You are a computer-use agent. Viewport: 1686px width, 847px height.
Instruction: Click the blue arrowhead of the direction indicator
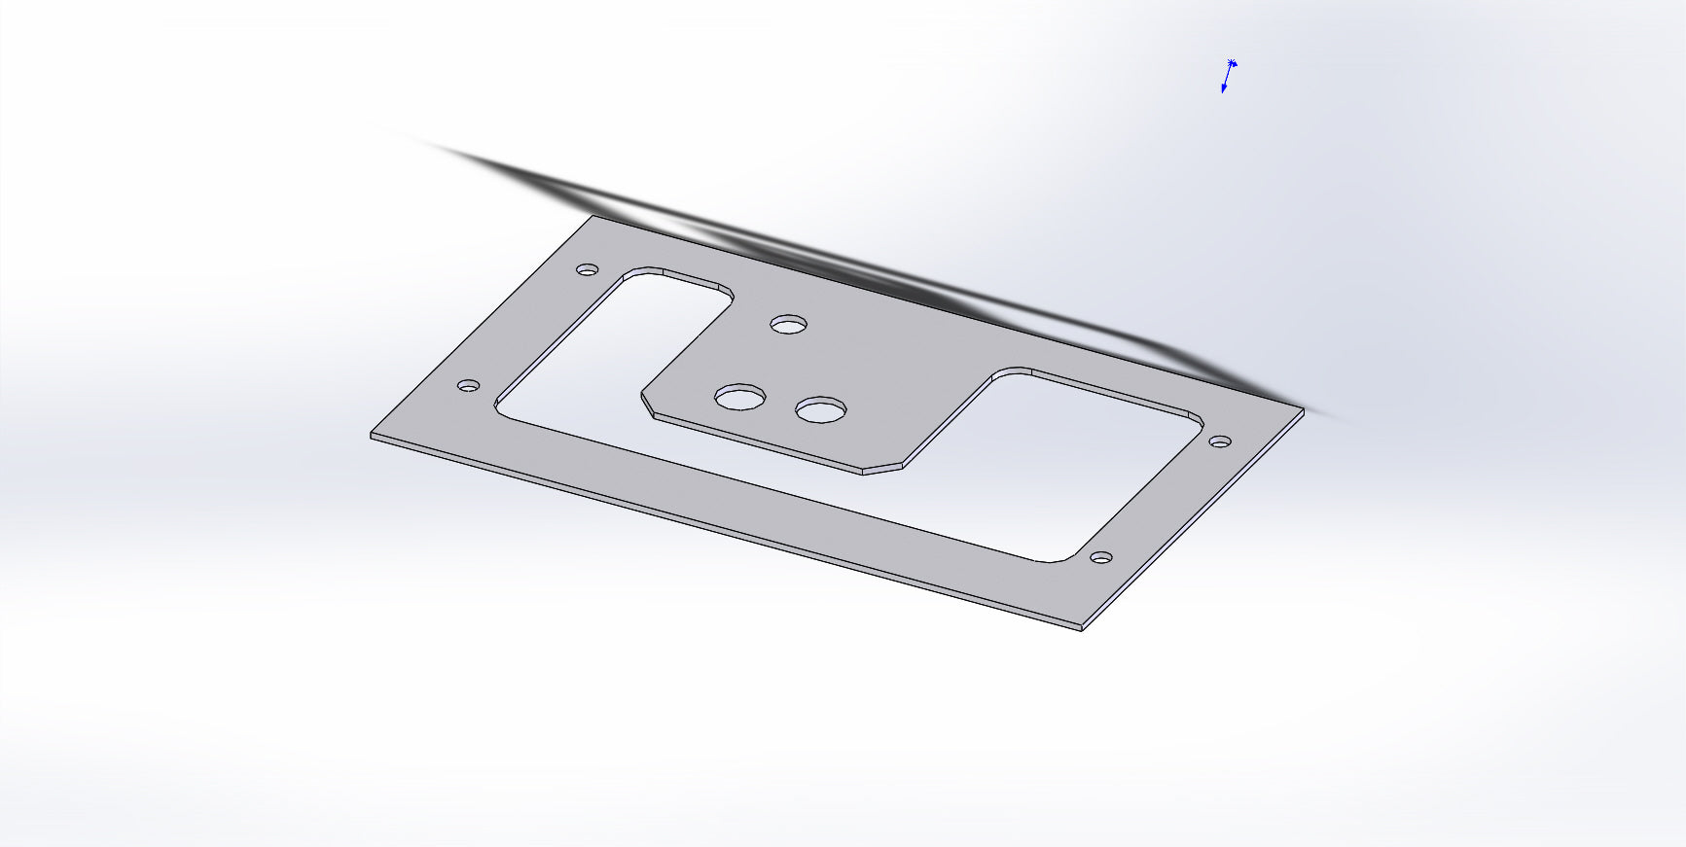click(1224, 89)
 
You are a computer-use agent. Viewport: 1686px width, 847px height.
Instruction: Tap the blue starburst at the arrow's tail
click(1232, 63)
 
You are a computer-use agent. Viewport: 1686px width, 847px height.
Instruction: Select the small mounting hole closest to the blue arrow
click(1219, 442)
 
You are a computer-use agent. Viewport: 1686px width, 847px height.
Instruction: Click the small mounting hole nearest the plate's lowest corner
click(1100, 558)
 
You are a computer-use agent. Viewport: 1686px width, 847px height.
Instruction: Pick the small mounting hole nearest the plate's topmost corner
click(587, 269)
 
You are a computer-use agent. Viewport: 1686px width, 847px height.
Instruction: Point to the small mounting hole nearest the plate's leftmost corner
click(468, 386)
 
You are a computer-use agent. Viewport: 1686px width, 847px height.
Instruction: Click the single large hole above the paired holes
click(789, 323)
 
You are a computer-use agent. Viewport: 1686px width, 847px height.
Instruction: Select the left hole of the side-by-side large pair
click(740, 397)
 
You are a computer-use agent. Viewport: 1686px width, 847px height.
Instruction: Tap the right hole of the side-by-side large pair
click(820, 410)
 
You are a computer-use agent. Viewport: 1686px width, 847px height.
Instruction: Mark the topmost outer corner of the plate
click(593, 216)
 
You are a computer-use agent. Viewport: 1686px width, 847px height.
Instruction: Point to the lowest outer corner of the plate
click(1082, 629)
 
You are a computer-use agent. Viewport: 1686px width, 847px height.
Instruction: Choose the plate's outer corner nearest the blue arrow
click(1303, 409)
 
